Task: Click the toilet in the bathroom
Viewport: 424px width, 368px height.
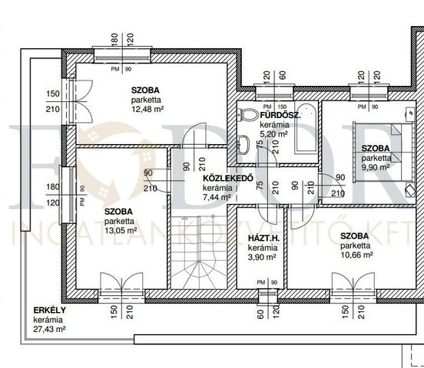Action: click(247, 115)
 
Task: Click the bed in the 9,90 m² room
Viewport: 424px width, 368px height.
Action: click(383, 151)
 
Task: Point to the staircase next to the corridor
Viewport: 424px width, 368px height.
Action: click(199, 252)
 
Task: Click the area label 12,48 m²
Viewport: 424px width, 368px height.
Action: click(147, 110)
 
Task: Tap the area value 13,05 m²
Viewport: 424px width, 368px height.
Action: click(121, 231)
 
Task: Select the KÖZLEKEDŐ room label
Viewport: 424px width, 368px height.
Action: click(228, 178)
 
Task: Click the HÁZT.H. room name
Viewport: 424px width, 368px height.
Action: click(263, 238)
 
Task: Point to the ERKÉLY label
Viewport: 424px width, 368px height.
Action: click(50, 310)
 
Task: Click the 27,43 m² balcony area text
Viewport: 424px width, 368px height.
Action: click(50, 329)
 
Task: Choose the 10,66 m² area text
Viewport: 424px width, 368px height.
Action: click(356, 255)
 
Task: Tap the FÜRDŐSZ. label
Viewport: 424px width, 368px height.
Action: click(280, 115)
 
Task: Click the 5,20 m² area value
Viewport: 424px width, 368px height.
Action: click(273, 134)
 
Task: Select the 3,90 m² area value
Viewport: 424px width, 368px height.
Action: click(262, 257)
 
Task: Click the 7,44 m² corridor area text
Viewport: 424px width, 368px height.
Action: click(217, 197)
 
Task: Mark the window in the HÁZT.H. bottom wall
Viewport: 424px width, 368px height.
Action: click(267, 296)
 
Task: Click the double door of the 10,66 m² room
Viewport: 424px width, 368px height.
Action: click(353, 287)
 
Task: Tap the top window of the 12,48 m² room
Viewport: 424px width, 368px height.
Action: click(122, 54)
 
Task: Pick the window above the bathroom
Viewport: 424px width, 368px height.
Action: click(274, 92)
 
